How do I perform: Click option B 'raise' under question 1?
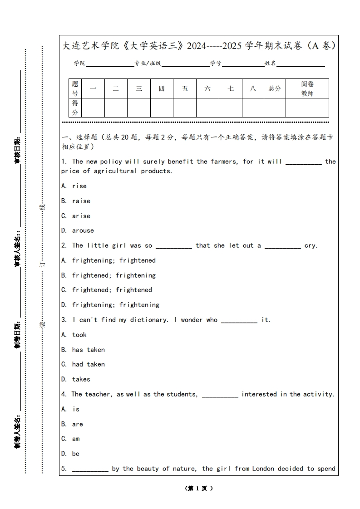pos(81,201)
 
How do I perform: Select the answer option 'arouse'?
pos(83,230)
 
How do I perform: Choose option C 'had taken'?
pos(88,364)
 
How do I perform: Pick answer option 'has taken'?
pos(88,350)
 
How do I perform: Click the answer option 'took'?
pos(79,335)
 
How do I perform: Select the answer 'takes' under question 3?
pos(81,379)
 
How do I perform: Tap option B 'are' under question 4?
pos(77,424)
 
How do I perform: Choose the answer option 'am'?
pos(76,439)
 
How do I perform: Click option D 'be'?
pos(75,454)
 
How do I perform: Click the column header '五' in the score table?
pos(185,88)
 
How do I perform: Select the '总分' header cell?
pos(275,88)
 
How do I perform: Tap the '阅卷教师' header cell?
pos(307,88)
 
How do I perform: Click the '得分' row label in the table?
pos(75,108)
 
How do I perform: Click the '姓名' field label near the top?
pos(270,64)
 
